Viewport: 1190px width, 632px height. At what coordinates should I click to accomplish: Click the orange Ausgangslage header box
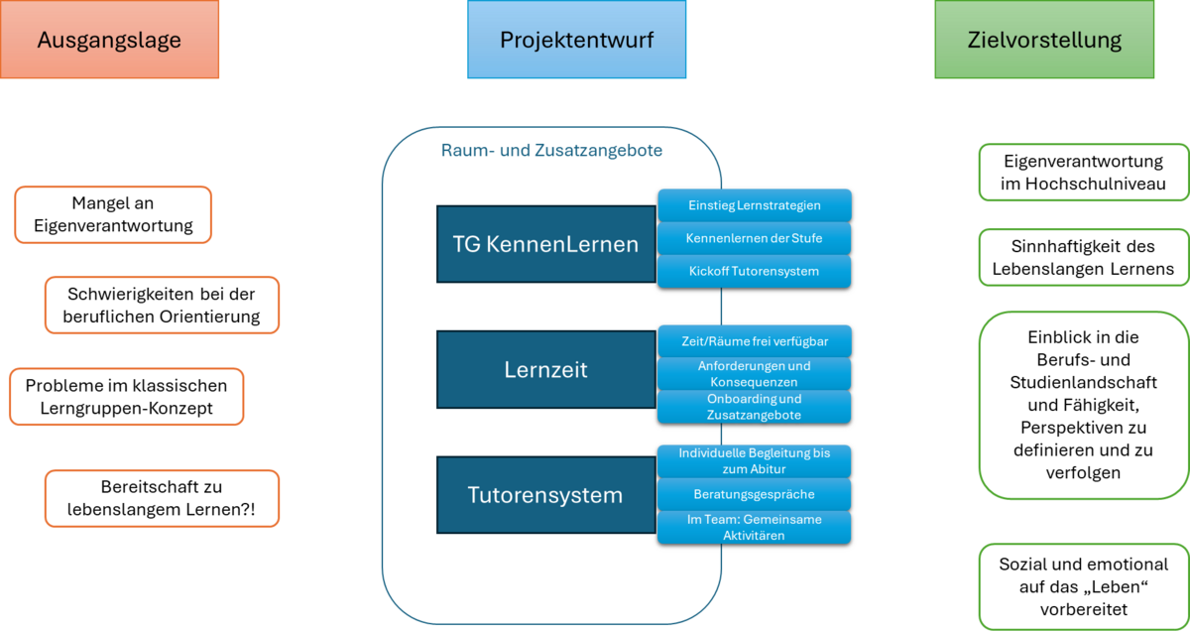[109, 41]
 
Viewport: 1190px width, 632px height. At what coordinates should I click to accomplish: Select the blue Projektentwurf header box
[576, 41]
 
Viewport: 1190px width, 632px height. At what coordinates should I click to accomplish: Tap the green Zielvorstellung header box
[1044, 41]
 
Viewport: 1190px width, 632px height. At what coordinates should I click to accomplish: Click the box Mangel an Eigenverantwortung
[114, 214]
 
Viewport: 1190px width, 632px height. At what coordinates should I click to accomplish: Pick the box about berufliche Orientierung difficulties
[164, 306]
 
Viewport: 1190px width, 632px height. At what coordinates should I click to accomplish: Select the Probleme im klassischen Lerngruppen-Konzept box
[126, 397]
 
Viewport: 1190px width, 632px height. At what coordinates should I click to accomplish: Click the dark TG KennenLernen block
[544, 244]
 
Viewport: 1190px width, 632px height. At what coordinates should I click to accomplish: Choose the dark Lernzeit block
[544, 370]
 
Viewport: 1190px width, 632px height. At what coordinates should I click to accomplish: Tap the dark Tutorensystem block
[544, 495]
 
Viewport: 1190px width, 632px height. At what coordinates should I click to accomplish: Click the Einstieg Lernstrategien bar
[754, 205]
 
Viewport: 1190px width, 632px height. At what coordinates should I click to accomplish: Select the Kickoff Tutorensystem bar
[754, 271]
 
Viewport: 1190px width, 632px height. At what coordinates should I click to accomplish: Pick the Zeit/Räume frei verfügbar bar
[754, 341]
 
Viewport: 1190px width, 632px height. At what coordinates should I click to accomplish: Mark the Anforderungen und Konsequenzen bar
[754, 373]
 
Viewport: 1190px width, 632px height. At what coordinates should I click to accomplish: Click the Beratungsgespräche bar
[754, 493]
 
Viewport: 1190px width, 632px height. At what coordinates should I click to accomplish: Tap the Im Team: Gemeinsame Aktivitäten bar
[754, 527]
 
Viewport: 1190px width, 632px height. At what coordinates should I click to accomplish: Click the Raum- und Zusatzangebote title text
[550, 152]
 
